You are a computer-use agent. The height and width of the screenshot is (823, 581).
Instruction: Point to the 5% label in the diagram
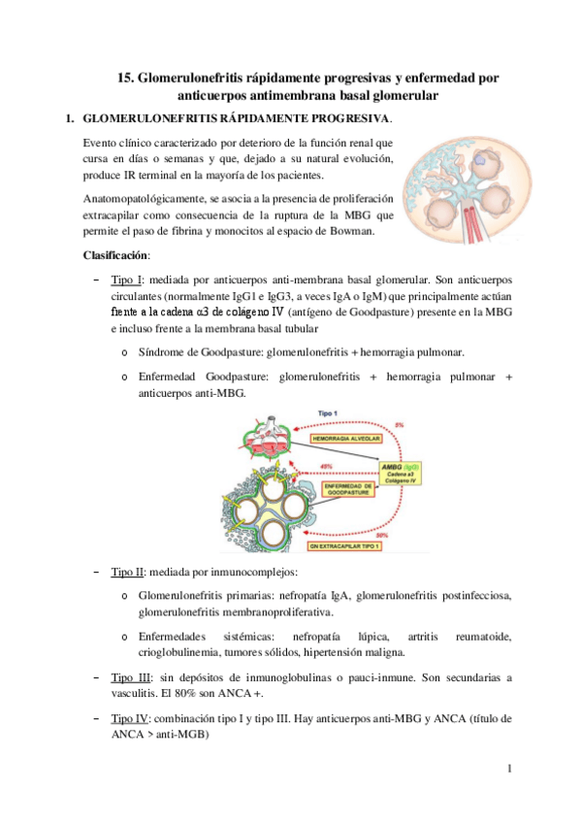[x=397, y=424]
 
